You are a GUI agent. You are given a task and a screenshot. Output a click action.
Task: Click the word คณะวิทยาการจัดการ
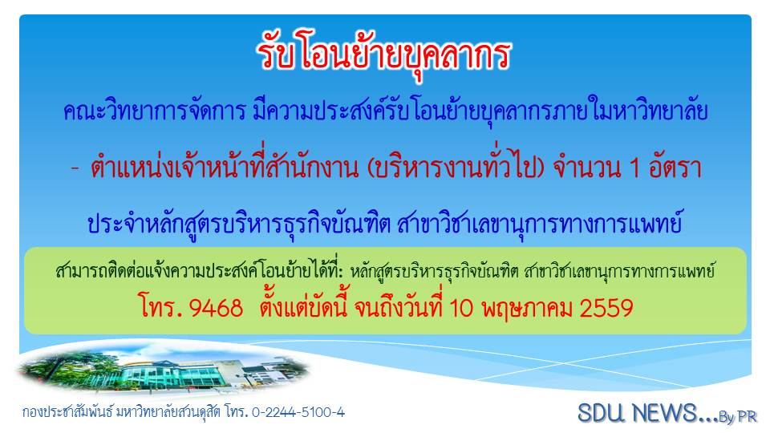tap(154, 112)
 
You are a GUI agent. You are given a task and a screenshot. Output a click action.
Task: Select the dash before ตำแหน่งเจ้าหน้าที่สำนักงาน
tap(75, 169)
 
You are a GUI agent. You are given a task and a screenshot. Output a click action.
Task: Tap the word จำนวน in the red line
tap(587, 168)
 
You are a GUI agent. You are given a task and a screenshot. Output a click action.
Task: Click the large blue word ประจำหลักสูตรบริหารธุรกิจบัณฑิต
tap(239, 224)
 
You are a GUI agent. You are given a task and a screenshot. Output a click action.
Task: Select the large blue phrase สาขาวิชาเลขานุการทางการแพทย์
tap(540, 224)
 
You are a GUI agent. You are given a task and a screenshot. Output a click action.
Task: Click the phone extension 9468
tap(216, 309)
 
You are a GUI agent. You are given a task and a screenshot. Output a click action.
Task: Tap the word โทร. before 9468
tap(161, 308)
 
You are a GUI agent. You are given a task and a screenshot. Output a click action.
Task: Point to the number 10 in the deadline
tap(461, 308)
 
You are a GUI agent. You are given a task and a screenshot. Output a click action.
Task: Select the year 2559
tap(606, 309)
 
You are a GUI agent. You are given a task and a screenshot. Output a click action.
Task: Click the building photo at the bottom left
tap(164, 371)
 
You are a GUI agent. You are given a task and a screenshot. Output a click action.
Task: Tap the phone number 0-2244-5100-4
tap(298, 412)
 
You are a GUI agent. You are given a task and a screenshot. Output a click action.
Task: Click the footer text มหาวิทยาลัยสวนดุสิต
tap(169, 412)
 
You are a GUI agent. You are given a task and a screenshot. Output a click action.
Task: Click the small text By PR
tap(738, 417)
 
